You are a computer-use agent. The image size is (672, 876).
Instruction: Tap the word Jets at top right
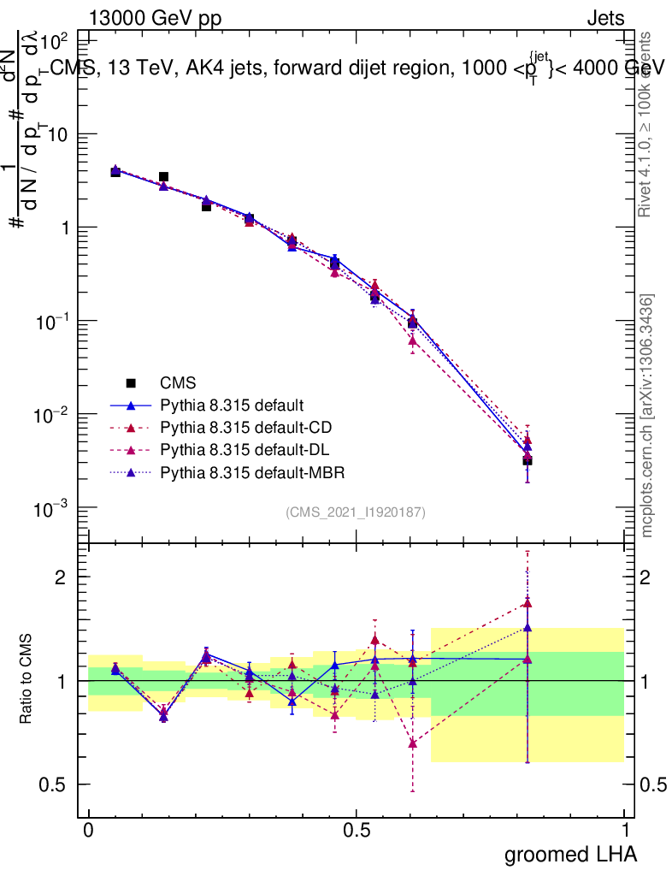tap(604, 18)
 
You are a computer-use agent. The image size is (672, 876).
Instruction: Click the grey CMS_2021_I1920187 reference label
tap(356, 512)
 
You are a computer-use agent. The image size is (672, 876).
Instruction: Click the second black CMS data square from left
tap(163, 177)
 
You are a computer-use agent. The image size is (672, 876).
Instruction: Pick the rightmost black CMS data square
tap(528, 461)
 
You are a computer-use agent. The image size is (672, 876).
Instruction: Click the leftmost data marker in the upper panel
tap(115, 171)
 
